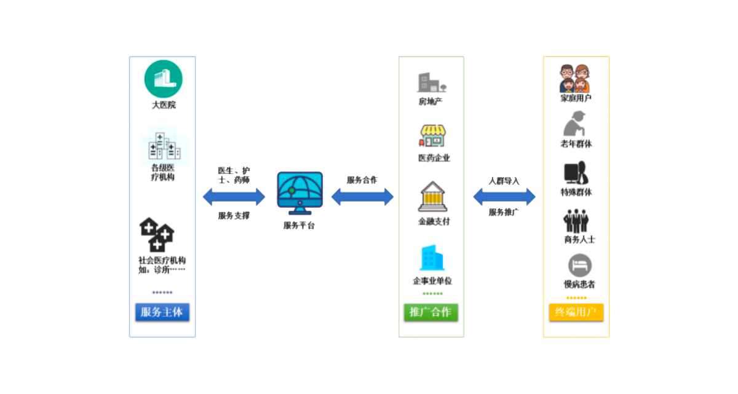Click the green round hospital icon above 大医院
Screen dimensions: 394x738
click(164, 78)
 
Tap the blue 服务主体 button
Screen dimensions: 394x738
click(162, 312)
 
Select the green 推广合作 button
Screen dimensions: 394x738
click(430, 312)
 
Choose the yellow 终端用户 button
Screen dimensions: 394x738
click(576, 312)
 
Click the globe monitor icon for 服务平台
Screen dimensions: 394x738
click(300, 192)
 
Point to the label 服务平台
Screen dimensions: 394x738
click(300, 226)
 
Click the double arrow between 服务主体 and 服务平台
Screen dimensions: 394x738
click(234, 197)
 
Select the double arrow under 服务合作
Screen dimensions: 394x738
click(362, 197)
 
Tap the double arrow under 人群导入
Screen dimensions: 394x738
click(504, 197)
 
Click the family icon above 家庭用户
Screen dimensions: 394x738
click(575, 78)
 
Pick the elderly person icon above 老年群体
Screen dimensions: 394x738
click(576, 124)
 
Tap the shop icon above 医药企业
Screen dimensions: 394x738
click(432, 136)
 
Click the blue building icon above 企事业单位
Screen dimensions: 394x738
click(432, 258)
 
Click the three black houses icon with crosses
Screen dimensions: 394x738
click(157, 234)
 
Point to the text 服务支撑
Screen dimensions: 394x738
click(234, 216)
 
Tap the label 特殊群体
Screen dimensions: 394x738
click(576, 192)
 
